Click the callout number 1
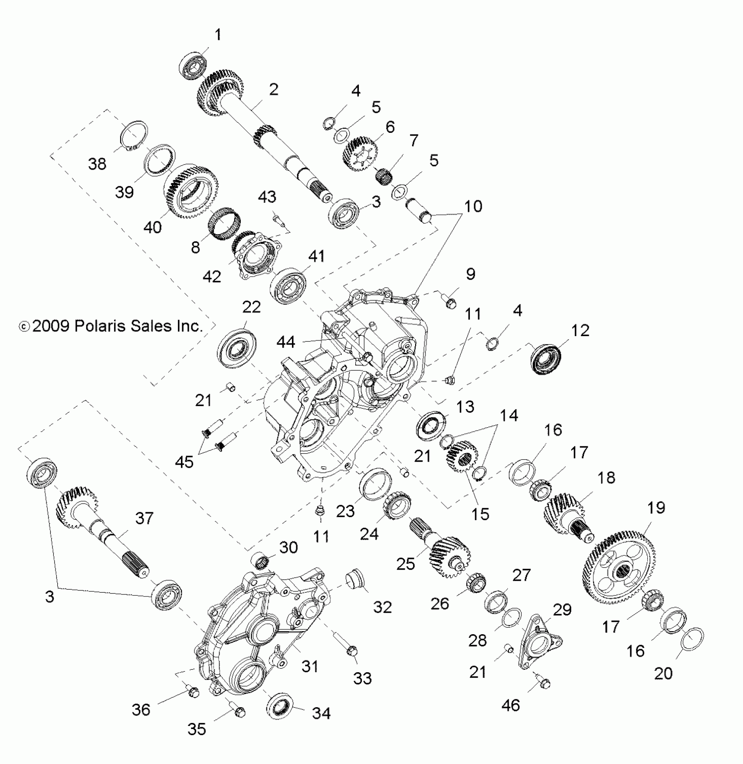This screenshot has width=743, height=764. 218,35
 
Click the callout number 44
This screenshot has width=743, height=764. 286,342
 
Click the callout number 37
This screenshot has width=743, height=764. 144,518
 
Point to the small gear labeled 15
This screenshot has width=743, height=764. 462,457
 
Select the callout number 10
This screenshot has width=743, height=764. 472,206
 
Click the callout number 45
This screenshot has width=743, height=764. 184,462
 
